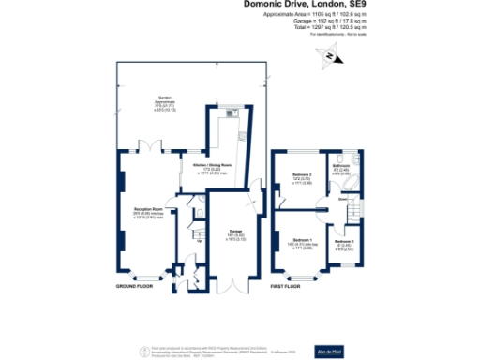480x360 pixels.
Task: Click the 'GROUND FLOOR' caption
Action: (135, 285)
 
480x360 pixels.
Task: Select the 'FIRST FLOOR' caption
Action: (299, 285)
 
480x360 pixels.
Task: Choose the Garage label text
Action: (236, 232)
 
